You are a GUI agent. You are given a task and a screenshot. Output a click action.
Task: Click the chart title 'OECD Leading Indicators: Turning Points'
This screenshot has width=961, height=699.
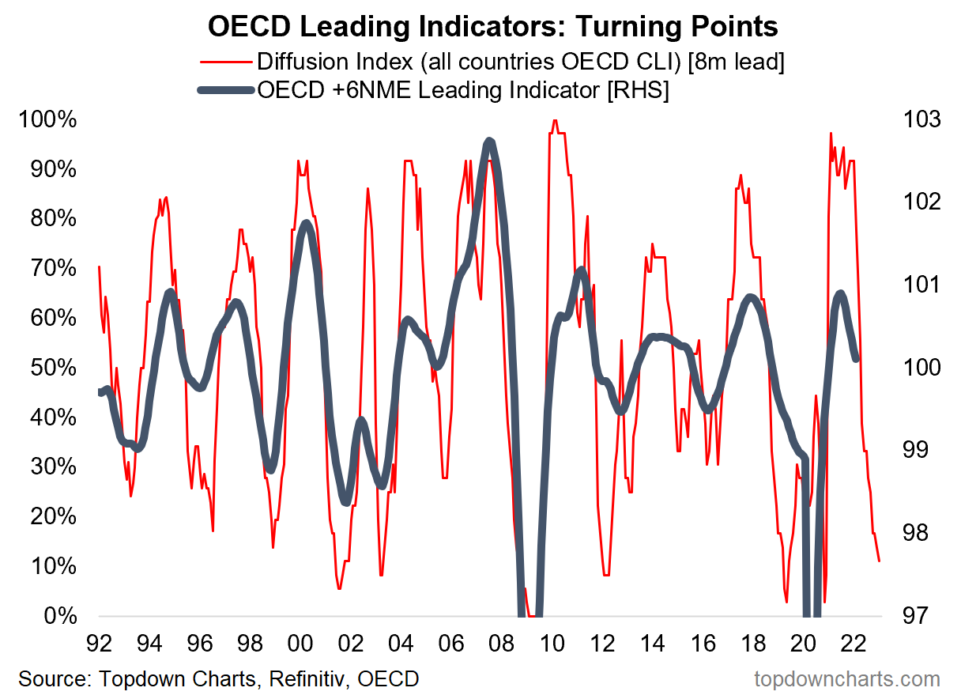[x=492, y=27]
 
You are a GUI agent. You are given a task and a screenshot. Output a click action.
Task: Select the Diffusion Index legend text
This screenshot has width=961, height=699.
[x=520, y=62]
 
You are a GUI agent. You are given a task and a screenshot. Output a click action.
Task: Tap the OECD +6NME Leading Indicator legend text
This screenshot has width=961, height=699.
[x=463, y=90]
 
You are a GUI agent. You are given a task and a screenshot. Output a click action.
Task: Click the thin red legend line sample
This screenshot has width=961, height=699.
[x=227, y=62]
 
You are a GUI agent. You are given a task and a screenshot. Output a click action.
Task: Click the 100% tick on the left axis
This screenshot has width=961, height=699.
[x=47, y=120]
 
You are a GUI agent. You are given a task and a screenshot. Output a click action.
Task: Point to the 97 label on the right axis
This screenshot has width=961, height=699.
[x=914, y=617]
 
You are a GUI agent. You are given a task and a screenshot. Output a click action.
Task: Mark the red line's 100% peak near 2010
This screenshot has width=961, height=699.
[x=554, y=120]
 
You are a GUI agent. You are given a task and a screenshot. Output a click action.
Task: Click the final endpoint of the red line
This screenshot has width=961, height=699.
[x=879, y=561]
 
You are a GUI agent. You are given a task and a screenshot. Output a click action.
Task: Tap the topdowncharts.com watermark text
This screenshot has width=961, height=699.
[x=847, y=678]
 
